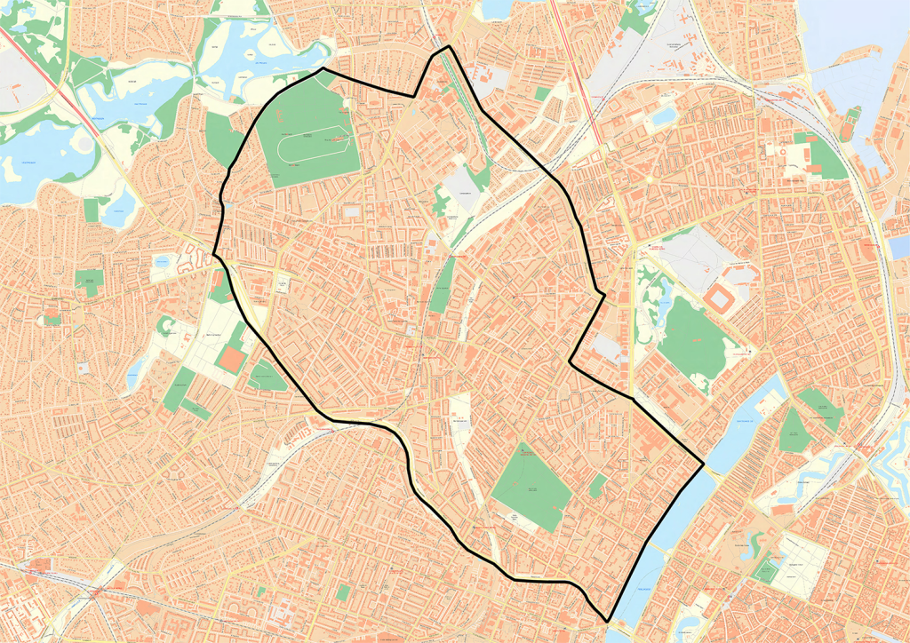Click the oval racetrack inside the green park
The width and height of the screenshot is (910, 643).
click(x=312, y=147)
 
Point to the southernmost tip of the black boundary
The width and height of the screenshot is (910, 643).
click(x=608, y=621)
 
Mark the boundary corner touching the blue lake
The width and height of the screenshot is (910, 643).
click(x=703, y=464)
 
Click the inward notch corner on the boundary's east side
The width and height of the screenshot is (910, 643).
click(x=571, y=361)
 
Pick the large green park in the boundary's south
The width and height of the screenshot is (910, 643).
click(x=531, y=484)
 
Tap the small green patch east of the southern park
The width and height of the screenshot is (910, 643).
click(x=599, y=486)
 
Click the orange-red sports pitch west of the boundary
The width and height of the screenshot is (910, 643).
click(x=232, y=359)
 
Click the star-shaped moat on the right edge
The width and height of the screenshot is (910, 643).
click(x=893, y=462)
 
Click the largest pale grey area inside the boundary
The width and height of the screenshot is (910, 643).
click(x=461, y=188)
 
